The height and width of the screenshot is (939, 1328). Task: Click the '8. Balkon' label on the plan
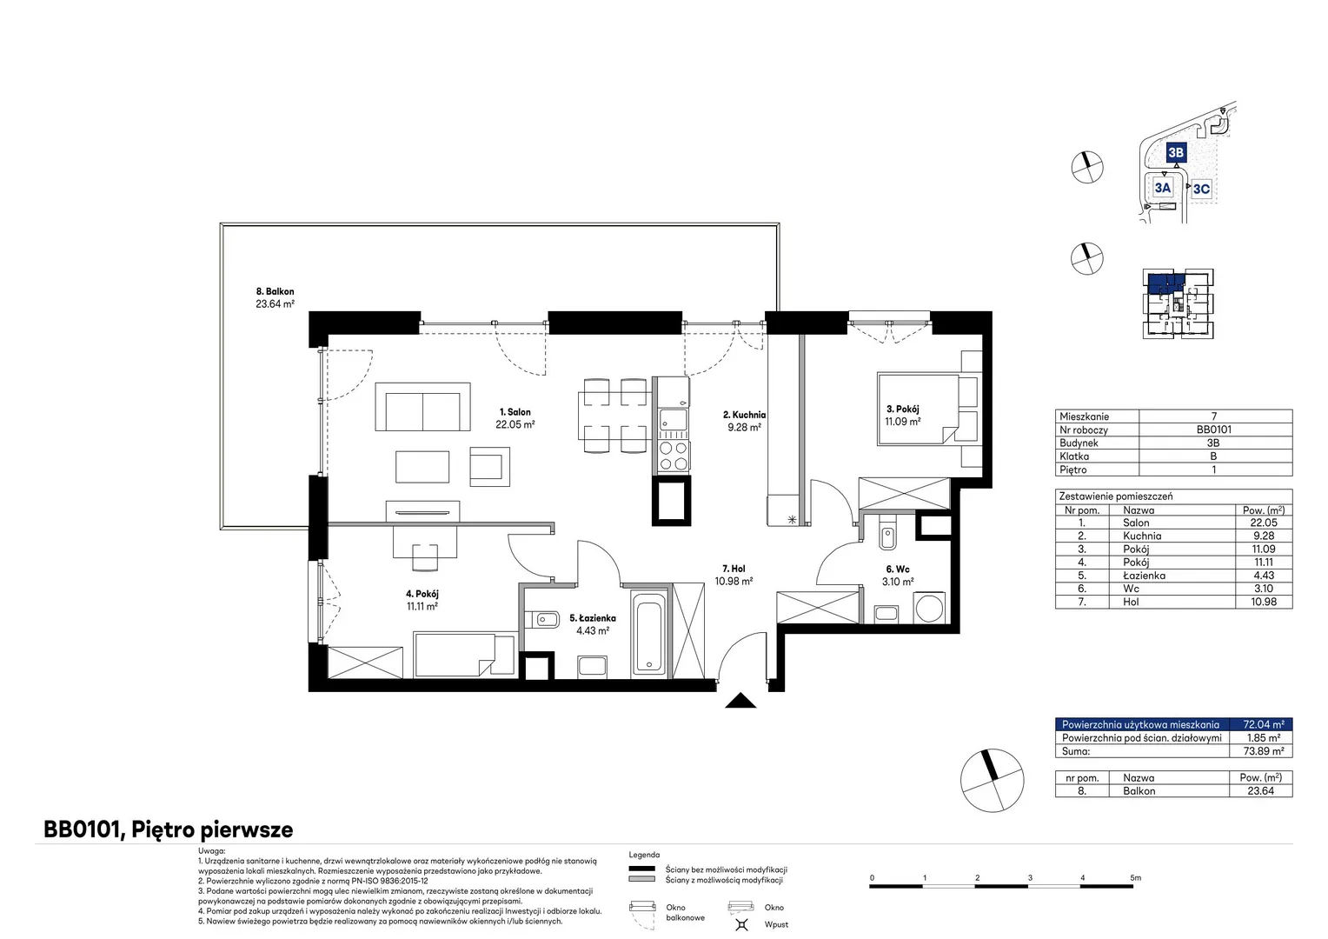[x=276, y=291]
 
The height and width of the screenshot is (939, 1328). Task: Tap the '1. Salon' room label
[x=515, y=411]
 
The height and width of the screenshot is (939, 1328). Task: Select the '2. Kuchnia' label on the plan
[x=744, y=415]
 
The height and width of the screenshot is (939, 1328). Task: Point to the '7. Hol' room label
[x=734, y=569]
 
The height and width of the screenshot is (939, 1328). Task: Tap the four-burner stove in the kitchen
[x=673, y=456]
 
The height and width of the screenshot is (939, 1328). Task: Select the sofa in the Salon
[x=422, y=407]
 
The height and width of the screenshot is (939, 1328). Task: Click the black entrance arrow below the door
[x=740, y=701]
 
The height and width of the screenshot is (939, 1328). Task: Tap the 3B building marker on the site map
[x=1176, y=152]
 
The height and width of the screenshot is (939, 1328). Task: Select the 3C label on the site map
[x=1201, y=189]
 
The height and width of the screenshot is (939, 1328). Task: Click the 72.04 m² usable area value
[x=1264, y=724]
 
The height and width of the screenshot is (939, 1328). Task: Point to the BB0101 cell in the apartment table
[x=1213, y=430]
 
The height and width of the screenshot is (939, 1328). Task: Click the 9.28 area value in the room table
[x=1264, y=536]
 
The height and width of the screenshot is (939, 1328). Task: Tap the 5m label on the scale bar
[x=1135, y=877]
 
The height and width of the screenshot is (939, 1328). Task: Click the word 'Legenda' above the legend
[x=644, y=855]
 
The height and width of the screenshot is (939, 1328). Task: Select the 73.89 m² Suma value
[x=1264, y=751]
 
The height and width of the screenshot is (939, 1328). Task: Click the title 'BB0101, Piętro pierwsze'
[x=169, y=829]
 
